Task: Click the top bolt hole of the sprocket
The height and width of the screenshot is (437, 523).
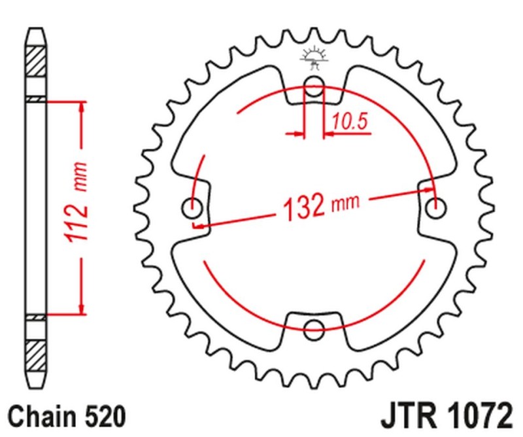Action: click(x=315, y=84)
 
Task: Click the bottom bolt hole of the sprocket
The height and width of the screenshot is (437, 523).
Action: click(x=315, y=328)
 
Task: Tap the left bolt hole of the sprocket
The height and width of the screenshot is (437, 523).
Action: click(x=192, y=209)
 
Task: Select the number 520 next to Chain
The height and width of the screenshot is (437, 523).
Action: click(x=99, y=416)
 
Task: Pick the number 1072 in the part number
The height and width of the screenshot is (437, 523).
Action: click(x=475, y=415)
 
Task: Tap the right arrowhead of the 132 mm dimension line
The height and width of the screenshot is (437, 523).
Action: click(x=428, y=190)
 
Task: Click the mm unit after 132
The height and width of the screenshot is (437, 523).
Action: click(x=346, y=203)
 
